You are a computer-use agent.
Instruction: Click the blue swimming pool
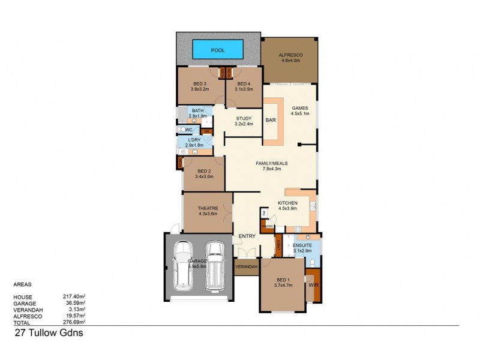217,47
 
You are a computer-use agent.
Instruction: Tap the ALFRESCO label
290,55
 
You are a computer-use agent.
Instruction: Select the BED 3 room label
200,83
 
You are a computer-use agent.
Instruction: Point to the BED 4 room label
243,83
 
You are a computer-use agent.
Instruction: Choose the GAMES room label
291,109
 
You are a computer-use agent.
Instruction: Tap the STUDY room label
243,118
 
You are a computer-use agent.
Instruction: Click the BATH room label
197,111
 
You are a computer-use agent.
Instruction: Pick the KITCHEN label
287,203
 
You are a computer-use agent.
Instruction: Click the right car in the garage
214,265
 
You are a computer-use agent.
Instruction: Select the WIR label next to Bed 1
313,286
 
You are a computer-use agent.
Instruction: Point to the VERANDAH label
246,266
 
